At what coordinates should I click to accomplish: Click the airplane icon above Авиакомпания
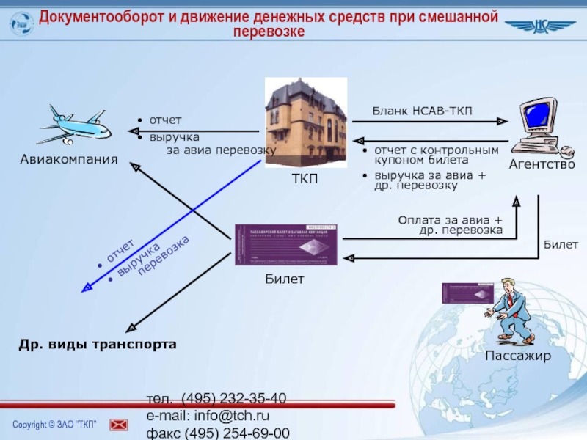pyautogui.click(x=74, y=125)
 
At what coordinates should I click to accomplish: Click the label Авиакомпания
pyautogui.click(x=69, y=159)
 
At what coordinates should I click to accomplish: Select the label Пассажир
pyautogui.click(x=517, y=356)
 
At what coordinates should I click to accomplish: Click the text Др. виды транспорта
pyautogui.click(x=98, y=344)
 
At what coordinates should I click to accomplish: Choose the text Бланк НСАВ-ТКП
pyautogui.click(x=422, y=111)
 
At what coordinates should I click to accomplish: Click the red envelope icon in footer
pyautogui.click(x=119, y=425)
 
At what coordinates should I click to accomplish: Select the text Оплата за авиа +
pyautogui.click(x=450, y=220)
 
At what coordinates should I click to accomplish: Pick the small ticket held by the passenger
pyautogui.click(x=467, y=293)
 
